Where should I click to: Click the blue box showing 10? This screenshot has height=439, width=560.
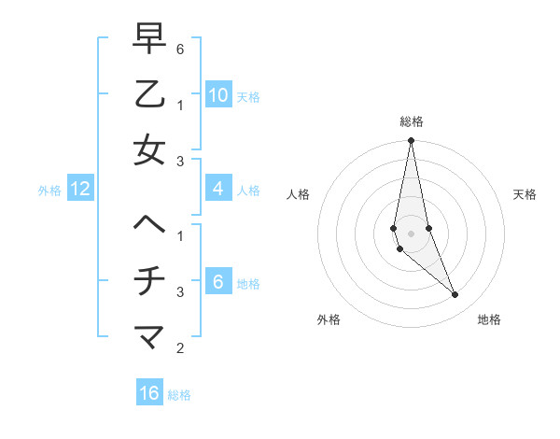(x=217, y=94)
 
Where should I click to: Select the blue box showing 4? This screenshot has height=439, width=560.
(x=217, y=189)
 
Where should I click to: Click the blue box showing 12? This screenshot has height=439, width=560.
(x=80, y=189)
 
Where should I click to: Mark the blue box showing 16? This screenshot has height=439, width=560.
(x=149, y=393)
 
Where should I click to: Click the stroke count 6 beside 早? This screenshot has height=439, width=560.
(x=180, y=48)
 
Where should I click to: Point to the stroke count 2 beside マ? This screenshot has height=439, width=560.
(x=180, y=348)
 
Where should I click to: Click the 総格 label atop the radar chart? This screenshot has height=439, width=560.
(x=411, y=121)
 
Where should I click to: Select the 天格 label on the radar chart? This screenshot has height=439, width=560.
(x=525, y=194)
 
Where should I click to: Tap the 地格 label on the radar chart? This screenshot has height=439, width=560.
(x=489, y=319)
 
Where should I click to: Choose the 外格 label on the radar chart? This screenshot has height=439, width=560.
(x=329, y=319)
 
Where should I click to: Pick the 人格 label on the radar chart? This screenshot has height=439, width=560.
(x=298, y=194)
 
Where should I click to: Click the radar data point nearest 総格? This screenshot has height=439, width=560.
(x=411, y=141)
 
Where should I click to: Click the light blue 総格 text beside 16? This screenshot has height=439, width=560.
(x=179, y=395)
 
